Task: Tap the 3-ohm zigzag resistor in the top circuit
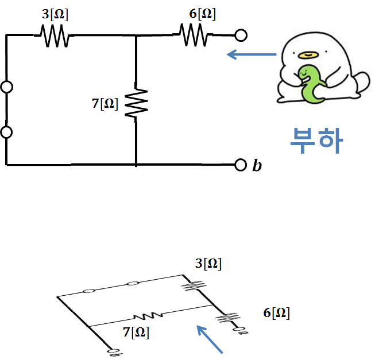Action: (x=56, y=36)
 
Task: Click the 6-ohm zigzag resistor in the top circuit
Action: (x=194, y=36)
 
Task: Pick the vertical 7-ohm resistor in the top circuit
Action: (x=136, y=103)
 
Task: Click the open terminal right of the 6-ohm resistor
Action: (x=241, y=36)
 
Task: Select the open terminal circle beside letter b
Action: (x=241, y=165)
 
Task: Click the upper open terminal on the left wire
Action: (x=7, y=88)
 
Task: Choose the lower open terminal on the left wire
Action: (x=7, y=132)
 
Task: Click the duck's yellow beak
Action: (x=308, y=55)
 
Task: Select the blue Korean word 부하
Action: (x=315, y=140)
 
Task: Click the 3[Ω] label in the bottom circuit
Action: (x=208, y=264)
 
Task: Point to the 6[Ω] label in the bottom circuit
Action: (x=276, y=313)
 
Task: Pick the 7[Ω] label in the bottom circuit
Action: (x=136, y=331)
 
